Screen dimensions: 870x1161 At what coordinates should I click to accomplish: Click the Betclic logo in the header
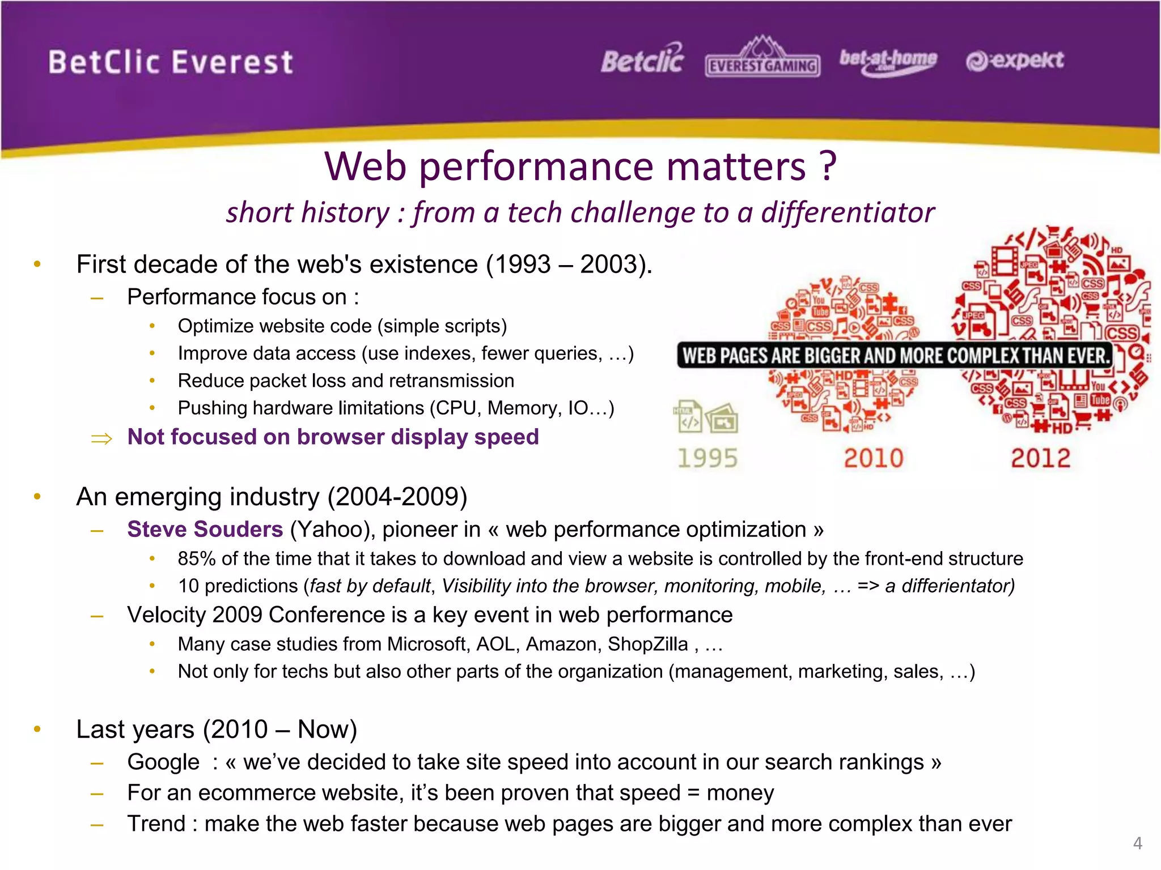tap(642, 59)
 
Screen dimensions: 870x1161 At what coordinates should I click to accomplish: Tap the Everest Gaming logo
tap(762, 59)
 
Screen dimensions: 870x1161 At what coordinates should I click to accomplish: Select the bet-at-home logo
tap(888, 61)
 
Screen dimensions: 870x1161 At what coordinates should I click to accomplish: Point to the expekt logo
tap(1015, 61)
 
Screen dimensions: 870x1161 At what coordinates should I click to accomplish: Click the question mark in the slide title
tap(828, 167)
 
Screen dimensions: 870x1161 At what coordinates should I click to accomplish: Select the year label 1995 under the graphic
tap(707, 458)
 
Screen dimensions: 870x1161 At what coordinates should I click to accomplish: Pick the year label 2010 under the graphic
tap(873, 458)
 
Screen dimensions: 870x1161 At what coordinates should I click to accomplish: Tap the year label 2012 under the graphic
tap(1040, 458)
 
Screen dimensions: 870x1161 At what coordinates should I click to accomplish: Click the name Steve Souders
tap(205, 529)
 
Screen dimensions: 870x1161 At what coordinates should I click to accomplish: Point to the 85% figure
tap(196, 558)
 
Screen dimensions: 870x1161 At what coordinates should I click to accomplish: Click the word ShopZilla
tap(647, 644)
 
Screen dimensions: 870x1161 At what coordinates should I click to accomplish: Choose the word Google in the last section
tap(163, 762)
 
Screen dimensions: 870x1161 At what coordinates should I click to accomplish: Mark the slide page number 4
tap(1137, 843)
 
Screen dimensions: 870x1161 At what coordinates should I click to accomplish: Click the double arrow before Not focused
tap(102, 438)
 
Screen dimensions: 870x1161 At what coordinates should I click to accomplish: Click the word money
tap(740, 793)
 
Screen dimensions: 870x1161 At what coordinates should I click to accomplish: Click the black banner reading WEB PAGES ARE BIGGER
tap(895, 355)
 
